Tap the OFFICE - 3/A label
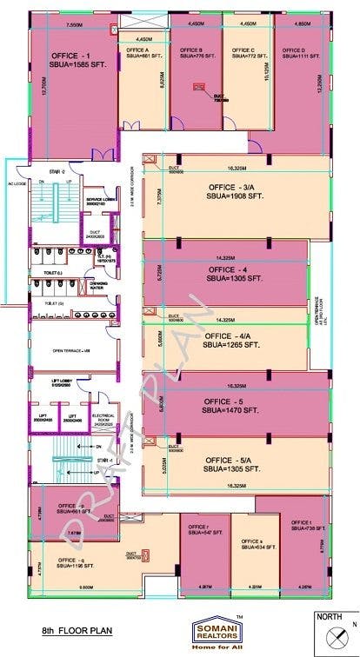pyautogui.click(x=230, y=187)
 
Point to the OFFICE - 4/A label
pyautogui.click(x=226, y=335)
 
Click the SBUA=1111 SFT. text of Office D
pyautogui.click(x=291, y=56)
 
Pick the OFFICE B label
pyautogui.click(x=191, y=50)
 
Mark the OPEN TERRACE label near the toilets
pyautogui.click(x=72, y=351)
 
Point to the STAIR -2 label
pyautogui.click(x=59, y=171)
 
